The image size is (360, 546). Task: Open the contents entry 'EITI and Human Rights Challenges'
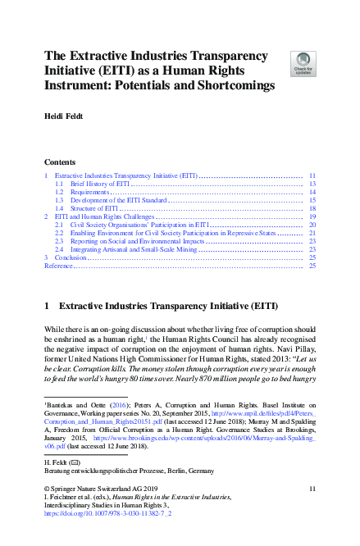click(x=103, y=217)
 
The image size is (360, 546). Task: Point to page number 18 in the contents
click(x=312, y=209)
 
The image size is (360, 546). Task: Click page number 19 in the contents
click(x=312, y=217)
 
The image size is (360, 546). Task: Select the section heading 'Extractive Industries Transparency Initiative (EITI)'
click(x=169, y=306)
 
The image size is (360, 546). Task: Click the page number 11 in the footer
click(x=312, y=489)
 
